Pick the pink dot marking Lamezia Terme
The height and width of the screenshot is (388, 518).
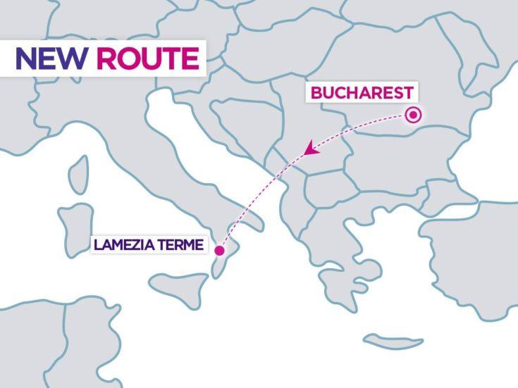click(x=219, y=250)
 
